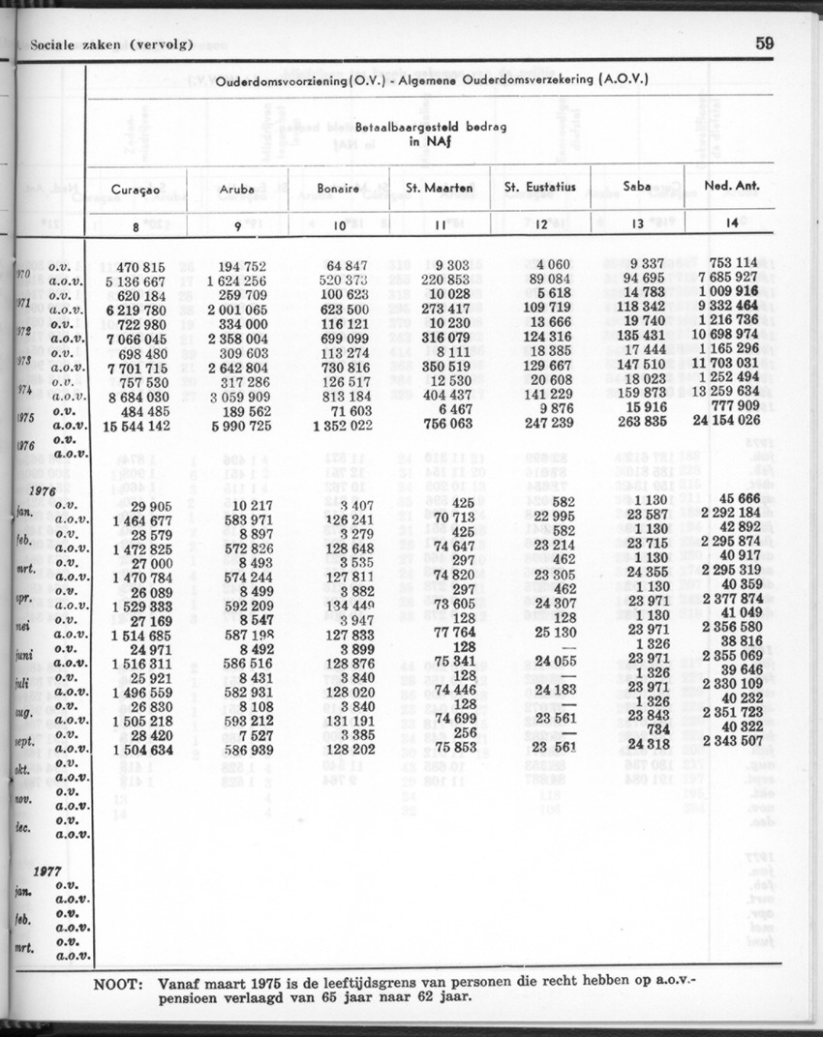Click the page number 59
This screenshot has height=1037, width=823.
click(x=765, y=43)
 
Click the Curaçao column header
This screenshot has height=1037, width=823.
click(x=135, y=190)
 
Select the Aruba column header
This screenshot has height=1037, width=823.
click(x=237, y=190)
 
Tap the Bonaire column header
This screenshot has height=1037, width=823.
click(x=339, y=190)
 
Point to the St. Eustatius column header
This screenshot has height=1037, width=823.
click(x=539, y=188)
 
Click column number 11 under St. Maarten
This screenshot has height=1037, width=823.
click(x=439, y=225)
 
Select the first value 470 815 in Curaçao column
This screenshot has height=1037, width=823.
click(x=140, y=266)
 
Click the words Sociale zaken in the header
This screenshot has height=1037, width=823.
click(x=75, y=44)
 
